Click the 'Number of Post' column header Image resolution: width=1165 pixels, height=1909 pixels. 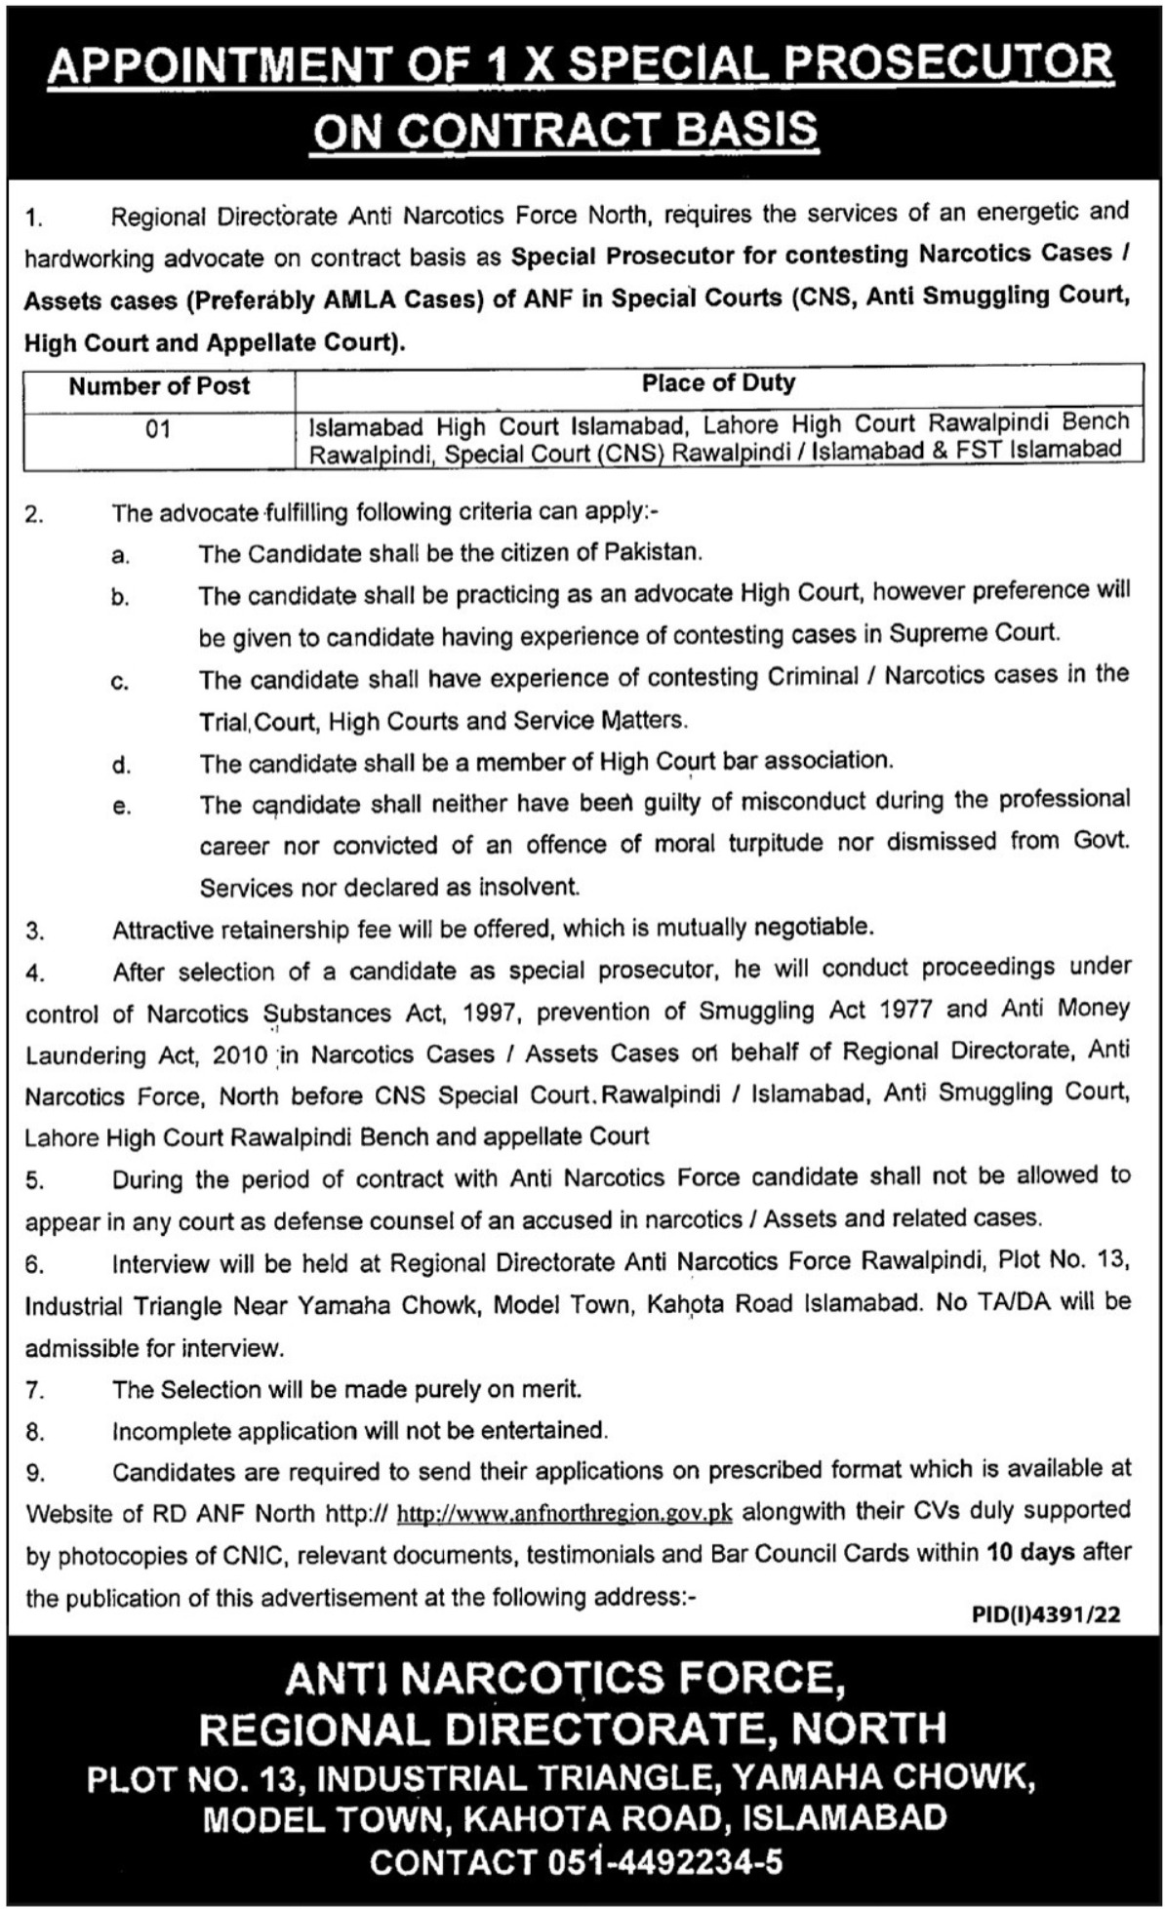click(x=159, y=385)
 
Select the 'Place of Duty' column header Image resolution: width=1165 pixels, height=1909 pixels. click(x=718, y=382)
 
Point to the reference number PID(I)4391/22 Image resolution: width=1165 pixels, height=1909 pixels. click(x=1046, y=1614)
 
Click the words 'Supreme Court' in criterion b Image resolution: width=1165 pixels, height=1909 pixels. click(x=973, y=633)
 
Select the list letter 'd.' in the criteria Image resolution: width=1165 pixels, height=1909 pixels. click(x=121, y=764)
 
